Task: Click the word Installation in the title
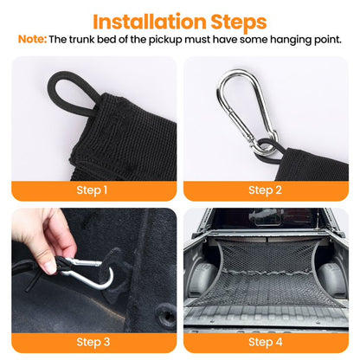pyautogui.click(x=150, y=22)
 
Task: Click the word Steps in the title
pyautogui.click(x=239, y=22)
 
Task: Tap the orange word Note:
pyautogui.click(x=32, y=39)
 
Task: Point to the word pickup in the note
pyautogui.click(x=165, y=40)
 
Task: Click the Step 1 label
pyautogui.click(x=92, y=190)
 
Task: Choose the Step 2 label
pyautogui.click(x=265, y=190)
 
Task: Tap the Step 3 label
pyautogui.click(x=93, y=342)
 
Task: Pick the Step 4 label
pyautogui.click(x=266, y=342)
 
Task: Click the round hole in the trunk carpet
pyautogui.click(x=166, y=318)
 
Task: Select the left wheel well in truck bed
pyautogui.click(x=202, y=277)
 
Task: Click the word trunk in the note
pyautogui.click(x=82, y=40)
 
